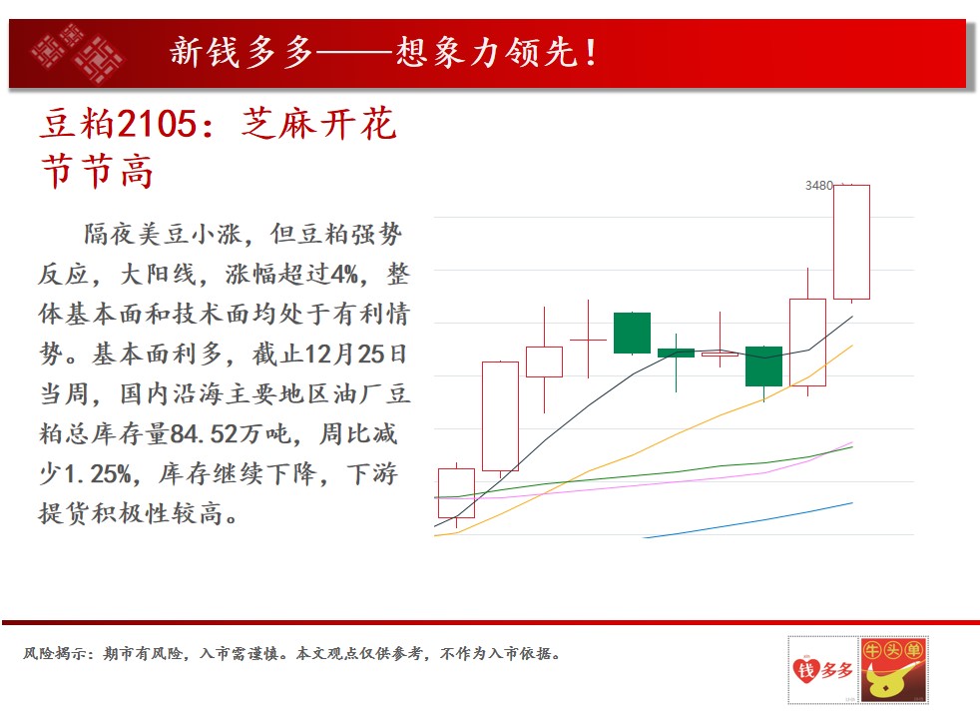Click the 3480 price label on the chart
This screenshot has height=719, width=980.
click(x=818, y=186)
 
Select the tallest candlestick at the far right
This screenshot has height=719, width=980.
click(x=851, y=242)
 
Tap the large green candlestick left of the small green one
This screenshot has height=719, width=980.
click(x=632, y=333)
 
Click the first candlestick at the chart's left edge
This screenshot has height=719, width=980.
click(x=456, y=493)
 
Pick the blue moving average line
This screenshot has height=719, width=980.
click(x=747, y=520)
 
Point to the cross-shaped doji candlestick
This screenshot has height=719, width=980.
click(x=588, y=340)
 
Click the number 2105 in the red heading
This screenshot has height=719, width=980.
click(x=157, y=123)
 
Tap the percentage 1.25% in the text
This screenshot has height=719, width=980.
click(x=98, y=474)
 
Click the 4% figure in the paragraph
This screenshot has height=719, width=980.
click(x=344, y=274)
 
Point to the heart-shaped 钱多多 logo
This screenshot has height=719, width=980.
click(x=822, y=670)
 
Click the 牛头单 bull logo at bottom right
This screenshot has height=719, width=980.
click(x=893, y=670)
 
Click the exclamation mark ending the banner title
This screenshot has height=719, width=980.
click(x=591, y=53)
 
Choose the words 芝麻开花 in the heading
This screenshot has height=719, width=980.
click(x=318, y=123)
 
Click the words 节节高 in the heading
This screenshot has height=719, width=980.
click(x=98, y=172)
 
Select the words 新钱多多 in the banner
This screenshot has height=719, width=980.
click(x=242, y=52)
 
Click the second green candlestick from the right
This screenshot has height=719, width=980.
click(x=676, y=354)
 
